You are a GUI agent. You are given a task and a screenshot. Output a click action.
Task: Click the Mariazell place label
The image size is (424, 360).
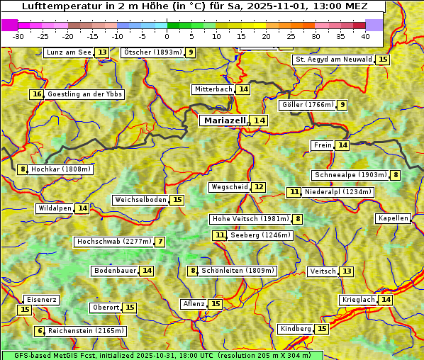[x=225, y=120]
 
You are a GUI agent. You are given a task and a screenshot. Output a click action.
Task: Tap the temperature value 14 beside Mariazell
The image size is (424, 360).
[x=260, y=120]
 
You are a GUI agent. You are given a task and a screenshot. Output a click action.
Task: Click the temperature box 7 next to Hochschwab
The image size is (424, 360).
[x=161, y=242]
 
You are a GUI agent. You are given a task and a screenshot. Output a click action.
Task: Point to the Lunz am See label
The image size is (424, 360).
[x=69, y=52]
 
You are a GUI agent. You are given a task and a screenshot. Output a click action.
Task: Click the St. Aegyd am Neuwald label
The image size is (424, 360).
[x=333, y=60]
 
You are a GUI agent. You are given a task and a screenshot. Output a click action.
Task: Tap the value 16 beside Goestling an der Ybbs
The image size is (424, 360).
[x=37, y=94]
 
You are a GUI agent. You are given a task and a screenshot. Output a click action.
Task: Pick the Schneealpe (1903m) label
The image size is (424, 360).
[x=350, y=175]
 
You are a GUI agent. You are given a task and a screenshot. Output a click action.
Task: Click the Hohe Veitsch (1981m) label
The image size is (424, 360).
[x=250, y=219]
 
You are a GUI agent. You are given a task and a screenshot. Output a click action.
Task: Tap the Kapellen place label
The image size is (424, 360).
[x=393, y=218]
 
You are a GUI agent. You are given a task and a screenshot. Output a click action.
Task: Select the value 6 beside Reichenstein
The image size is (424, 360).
[x=40, y=331]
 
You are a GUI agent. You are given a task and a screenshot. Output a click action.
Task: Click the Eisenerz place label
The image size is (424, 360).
[x=40, y=300]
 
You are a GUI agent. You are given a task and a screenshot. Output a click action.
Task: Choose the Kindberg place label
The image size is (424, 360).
[x=296, y=329]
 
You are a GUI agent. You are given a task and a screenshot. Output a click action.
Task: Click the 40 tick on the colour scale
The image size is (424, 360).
[x=364, y=36]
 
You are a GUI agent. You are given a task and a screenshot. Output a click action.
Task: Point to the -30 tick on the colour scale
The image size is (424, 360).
[x=18, y=36]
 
